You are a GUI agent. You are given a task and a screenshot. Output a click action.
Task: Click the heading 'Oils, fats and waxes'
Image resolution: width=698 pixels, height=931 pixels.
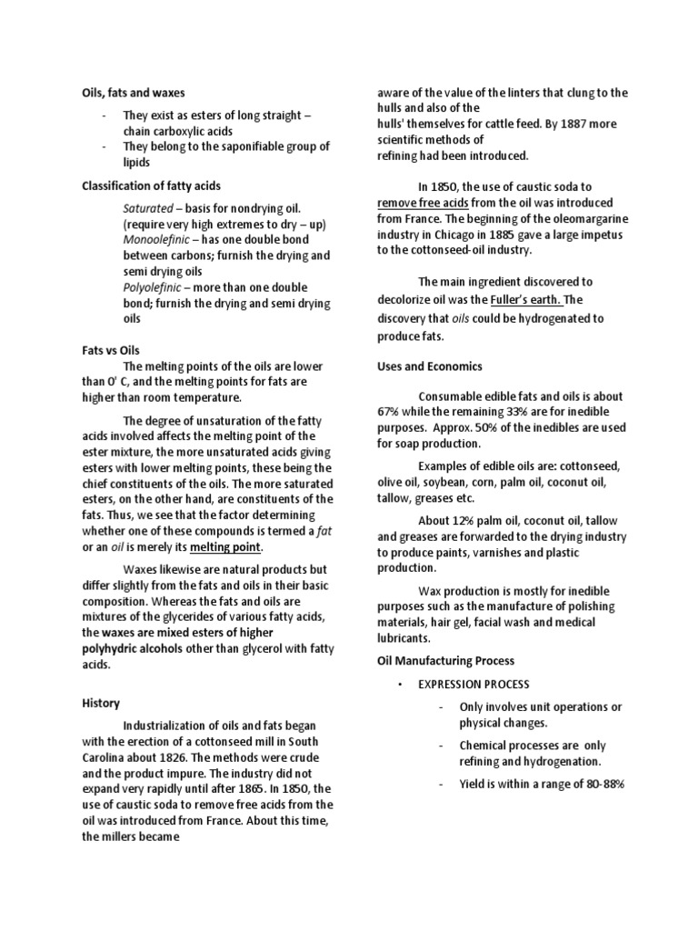coord(134,92)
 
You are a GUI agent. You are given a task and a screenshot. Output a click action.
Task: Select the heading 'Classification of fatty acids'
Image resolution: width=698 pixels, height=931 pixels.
coord(151,185)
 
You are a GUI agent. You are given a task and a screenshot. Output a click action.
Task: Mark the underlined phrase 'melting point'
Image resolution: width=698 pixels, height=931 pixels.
coord(225,546)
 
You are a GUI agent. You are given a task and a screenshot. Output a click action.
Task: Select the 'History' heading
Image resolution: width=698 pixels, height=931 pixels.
coord(101,704)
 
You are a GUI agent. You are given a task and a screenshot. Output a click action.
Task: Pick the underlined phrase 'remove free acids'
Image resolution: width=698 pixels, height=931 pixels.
coord(428,203)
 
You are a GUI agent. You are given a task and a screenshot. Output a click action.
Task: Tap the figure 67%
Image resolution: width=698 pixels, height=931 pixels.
coord(390,411)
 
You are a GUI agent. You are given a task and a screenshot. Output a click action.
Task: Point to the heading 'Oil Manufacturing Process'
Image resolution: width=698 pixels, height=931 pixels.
coord(445,660)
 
